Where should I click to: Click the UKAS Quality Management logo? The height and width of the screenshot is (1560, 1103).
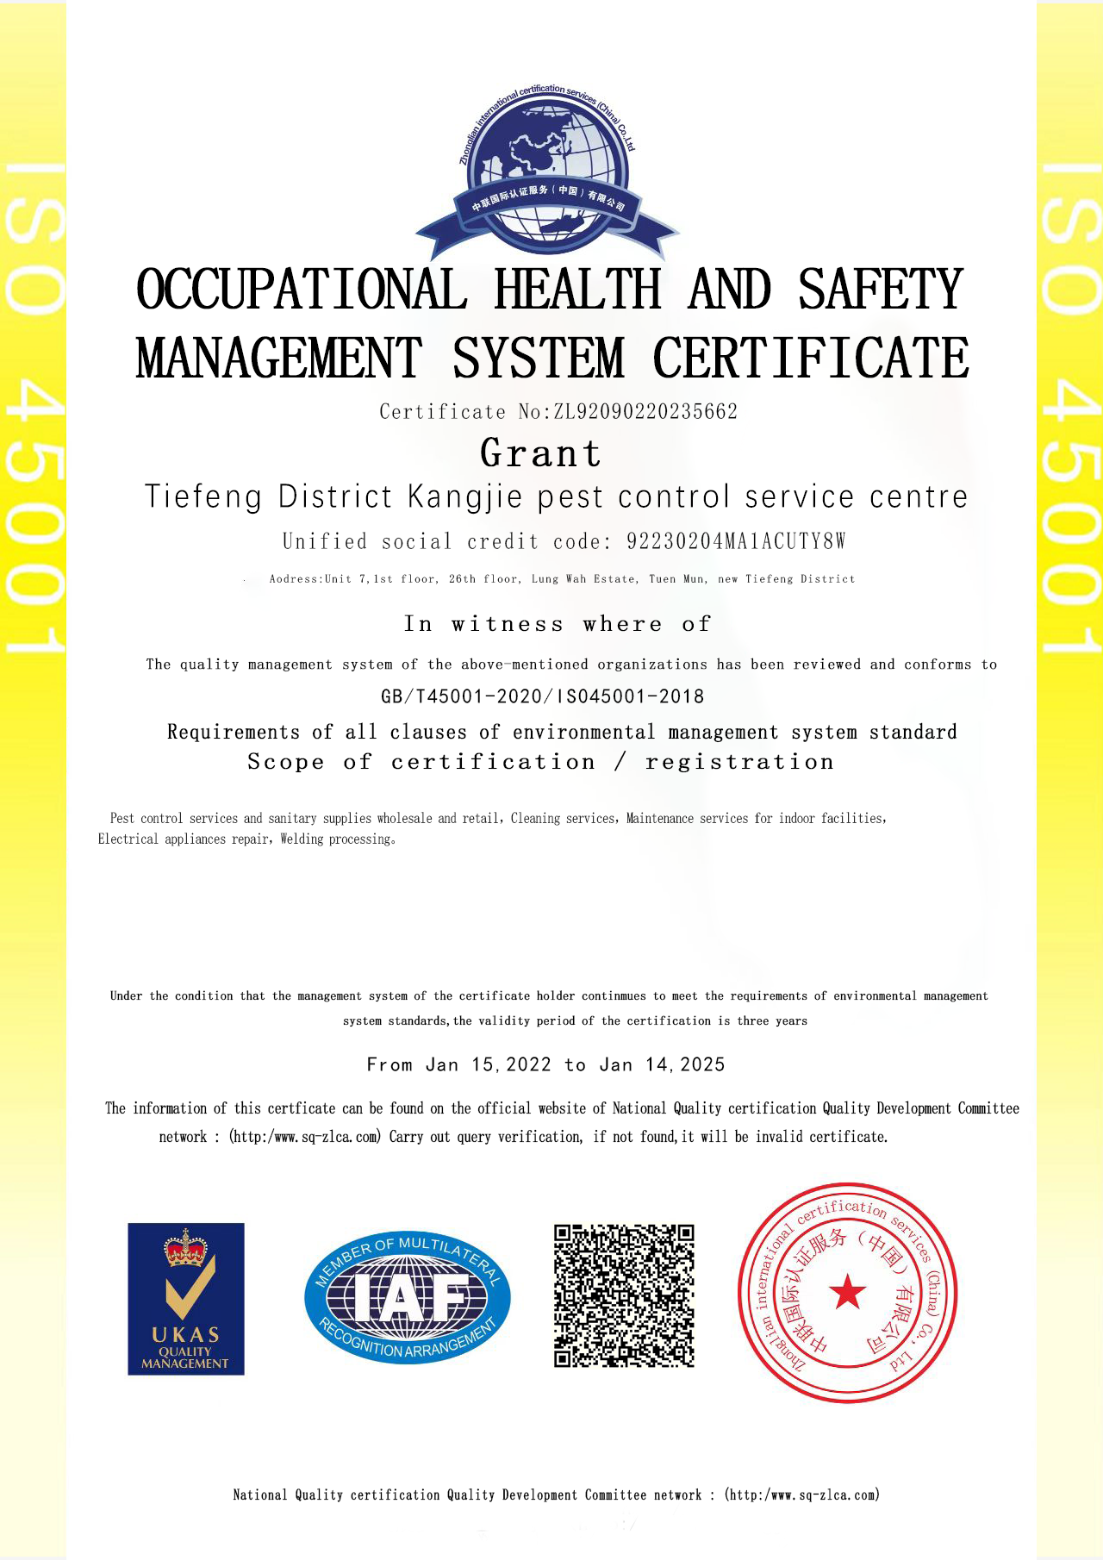(186, 1298)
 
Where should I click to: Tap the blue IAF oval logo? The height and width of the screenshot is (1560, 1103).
(408, 1296)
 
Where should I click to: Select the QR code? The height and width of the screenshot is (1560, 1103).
(624, 1295)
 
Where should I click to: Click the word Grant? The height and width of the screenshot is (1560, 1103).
(540, 453)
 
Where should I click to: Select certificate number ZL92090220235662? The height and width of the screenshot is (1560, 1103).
(645, 412)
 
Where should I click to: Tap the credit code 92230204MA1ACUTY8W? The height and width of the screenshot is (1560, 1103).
(736, 541)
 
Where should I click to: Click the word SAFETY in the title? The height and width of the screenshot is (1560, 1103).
(880, 290)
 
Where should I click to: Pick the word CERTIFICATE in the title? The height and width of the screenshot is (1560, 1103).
(811, 357)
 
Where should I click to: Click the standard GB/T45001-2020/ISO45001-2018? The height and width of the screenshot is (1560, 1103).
(542, 696)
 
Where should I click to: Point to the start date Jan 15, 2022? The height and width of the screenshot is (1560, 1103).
(489, 1064)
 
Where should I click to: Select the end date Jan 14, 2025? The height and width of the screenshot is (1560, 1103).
(662, 1064)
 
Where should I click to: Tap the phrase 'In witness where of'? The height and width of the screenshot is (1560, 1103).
(558, 624)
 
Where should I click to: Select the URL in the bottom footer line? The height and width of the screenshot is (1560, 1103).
(801, 1494)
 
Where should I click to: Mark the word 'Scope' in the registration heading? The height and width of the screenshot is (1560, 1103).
(286, 762)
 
